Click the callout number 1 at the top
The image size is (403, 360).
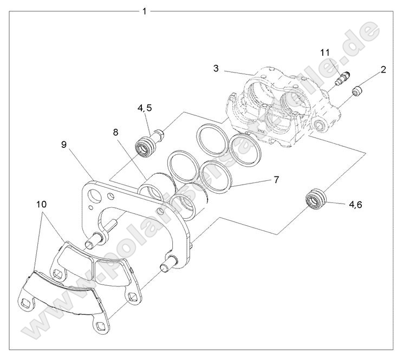pyautogui.click(x=144, y=11)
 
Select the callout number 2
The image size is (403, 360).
pyautogui.click(x=383, y=69)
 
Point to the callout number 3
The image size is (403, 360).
pyautogui.click(x=216, y=68)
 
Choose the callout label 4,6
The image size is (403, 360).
pyautogui.click(x=359, y=205)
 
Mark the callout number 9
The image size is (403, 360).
pyautogui.click(x=64, y=145)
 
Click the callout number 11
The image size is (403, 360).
pyautogui.click(x=325, y=53)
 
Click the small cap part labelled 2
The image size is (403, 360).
pyautogui.click(x=358, y=91)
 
